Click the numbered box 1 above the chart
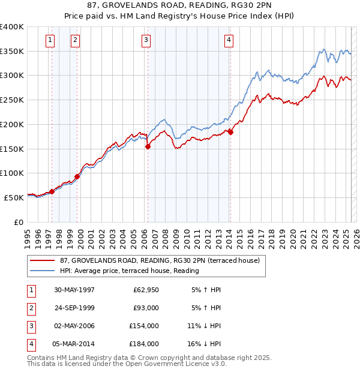pyautogui.click(x=49, y=41)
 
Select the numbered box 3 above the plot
pyautogui.click(x=146, y=41)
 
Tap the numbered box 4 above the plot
pyautogui.click(x=229, y=41)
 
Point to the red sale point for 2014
pyautogui.click(x=230, y=132)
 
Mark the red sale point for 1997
pyautogui.click(x=52, y=191)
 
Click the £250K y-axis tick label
pyautogui.click(x=12, y=100)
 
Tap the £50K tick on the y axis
pyautogui.click(x=14, y=197)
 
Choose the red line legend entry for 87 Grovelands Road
pyautogui.click(x=160, y=260)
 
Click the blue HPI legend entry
pyautogui.click(x=129, y=271)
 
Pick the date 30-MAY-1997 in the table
pyautogui.click(x=74, y=290)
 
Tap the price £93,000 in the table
pyautogui.click(x=146, y=308)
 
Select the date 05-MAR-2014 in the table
pyautogui.click(x=74, y=344)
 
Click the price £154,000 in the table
pyautogui.click(x=145, y=326)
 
